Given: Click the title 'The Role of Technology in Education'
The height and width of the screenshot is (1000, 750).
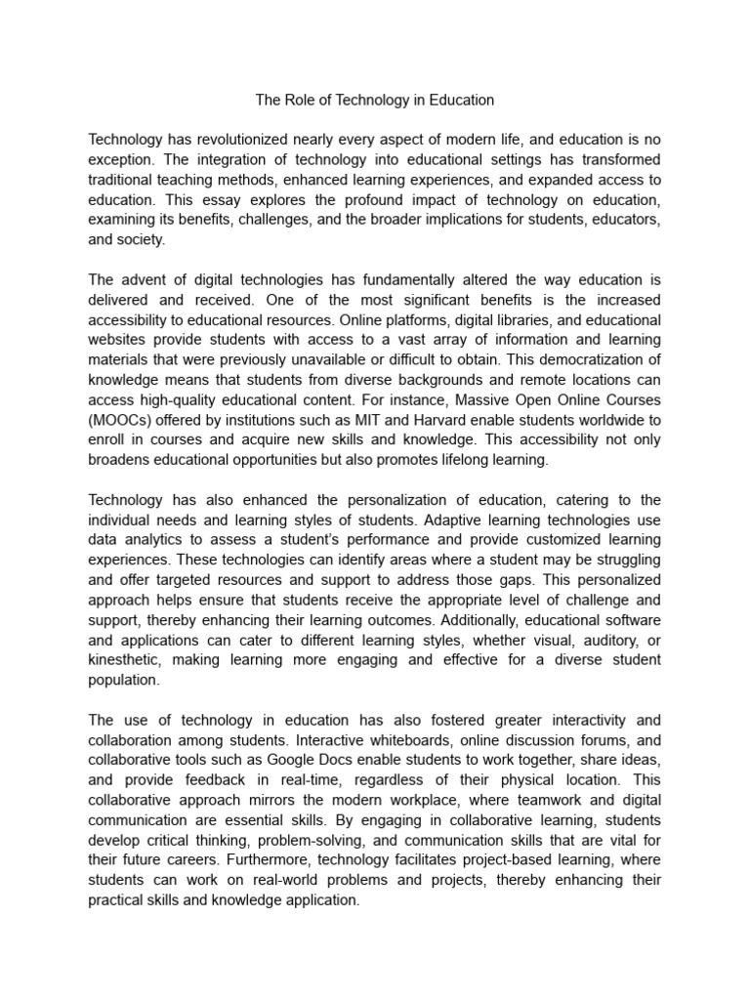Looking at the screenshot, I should [375, 100].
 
